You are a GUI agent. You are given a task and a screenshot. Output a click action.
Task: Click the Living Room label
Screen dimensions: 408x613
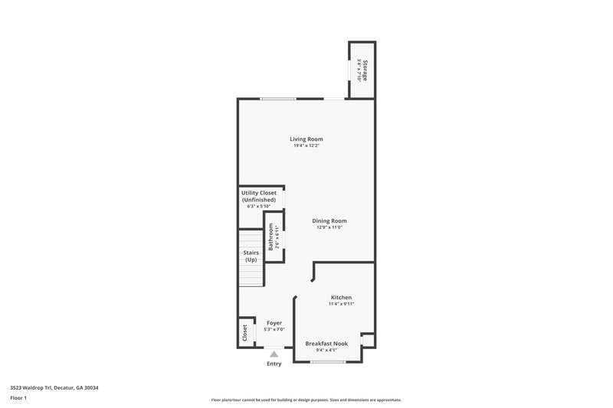(x=306, y=139)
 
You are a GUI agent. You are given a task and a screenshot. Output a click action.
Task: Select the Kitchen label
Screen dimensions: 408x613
(x=341, y=297)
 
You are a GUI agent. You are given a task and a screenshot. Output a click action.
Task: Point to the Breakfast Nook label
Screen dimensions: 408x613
(x=326, y=344)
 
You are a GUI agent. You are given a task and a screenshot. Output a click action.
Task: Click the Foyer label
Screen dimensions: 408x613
(x=274, y=323)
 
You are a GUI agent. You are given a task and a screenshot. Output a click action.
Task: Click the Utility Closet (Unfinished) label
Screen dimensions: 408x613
(x=258, y=196)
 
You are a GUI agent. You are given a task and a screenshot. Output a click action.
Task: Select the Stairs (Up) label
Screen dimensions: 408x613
(x=251, y=256)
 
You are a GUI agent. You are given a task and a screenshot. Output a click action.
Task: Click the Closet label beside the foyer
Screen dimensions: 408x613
(x=245, y=333)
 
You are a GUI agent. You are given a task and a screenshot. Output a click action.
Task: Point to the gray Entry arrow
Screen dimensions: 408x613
(x=274, y=354)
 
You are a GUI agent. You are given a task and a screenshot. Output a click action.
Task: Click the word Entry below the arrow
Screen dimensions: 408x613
(x=274, y=364)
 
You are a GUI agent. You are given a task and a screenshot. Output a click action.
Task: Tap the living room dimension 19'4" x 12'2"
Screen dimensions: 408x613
(x=306, y=146)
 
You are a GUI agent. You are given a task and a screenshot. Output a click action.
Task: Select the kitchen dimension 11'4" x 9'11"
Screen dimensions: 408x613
(x=341, y=304)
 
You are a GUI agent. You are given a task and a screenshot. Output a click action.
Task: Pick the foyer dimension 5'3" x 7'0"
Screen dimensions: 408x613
(x=274, y=330)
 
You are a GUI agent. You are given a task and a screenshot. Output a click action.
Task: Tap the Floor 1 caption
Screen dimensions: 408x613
(x=18, y=398)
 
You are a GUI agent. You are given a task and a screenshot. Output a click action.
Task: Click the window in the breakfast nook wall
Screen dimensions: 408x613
(x=323, y=361)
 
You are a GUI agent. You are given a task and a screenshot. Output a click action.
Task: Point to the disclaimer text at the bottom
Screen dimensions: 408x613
(x=306, y=400)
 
